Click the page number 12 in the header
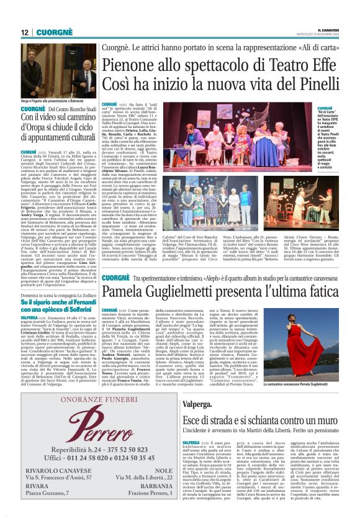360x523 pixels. coord(25,32)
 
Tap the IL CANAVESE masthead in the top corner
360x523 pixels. coord(329,29)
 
